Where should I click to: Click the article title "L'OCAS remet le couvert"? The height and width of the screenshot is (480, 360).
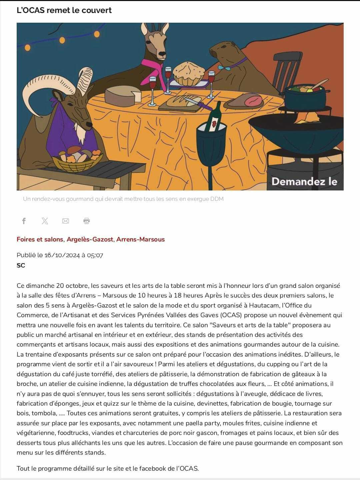64,10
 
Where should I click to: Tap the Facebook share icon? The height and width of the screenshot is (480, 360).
24,221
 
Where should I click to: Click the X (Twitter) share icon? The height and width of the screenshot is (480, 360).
45,221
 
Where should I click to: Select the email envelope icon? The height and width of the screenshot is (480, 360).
66,221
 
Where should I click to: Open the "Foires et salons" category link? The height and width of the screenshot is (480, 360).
40,239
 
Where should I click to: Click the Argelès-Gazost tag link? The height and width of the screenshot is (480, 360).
90,239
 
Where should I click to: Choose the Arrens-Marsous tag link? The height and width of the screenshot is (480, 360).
140,239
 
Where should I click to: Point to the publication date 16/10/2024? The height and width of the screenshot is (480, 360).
62,255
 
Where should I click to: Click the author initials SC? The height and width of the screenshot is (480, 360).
21,266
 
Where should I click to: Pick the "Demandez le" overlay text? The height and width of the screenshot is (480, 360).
304,181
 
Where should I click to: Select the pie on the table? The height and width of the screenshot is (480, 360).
189,73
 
